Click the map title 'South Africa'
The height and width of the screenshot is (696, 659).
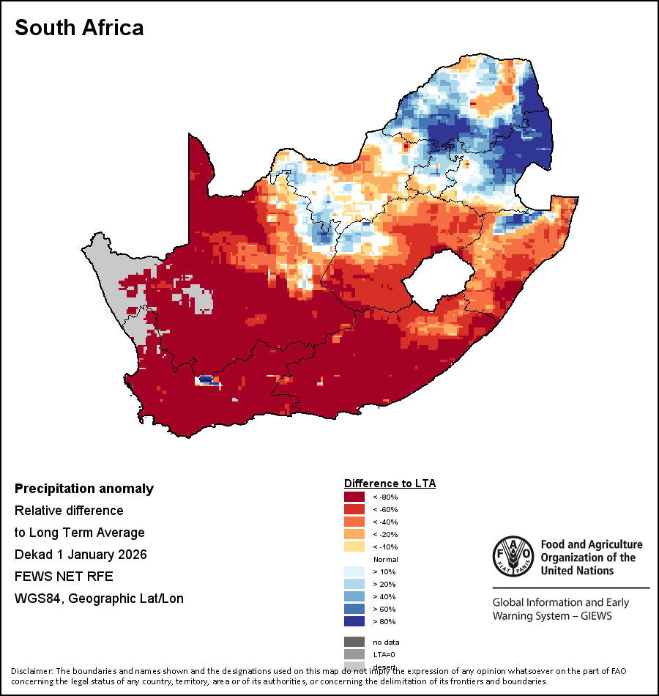[x=79, y=28]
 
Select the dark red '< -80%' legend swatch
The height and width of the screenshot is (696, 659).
[x=354, y=497]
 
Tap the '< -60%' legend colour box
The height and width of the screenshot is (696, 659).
[x=354, y=510]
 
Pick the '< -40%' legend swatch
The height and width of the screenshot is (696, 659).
[x=354, y=522]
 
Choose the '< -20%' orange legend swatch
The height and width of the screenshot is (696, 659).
[x=354, y=535]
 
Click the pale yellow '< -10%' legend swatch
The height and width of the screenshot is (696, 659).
[x=354, y=547]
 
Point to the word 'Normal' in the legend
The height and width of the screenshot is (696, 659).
[x=385, y=560]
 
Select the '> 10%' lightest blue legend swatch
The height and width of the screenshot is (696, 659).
[x=354, y=571]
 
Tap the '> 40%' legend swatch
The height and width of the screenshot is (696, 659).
[x=354, y=596]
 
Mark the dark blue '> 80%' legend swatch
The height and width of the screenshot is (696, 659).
[x=354, y=621]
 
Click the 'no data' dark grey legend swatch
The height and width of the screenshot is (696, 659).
[x=354, y=643]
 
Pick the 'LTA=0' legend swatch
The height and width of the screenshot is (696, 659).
[x=354, y=655]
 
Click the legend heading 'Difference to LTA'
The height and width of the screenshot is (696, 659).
[x=390, y=484]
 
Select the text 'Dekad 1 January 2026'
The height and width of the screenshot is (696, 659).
[x=81, y=555]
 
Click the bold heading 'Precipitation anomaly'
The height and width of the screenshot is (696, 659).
[x=84, y=489]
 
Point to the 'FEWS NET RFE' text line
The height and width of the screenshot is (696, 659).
[x=64, y=577]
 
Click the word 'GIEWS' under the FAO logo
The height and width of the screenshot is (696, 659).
[x=595, y=616]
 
